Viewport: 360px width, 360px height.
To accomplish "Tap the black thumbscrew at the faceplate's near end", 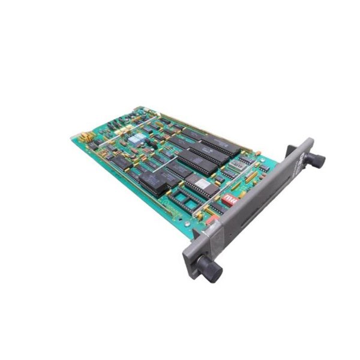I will click(211, 271).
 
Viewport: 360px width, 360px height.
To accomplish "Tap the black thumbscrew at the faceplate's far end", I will click(314, 159).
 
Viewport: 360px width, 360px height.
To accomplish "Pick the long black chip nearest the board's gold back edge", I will click(218, 146).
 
